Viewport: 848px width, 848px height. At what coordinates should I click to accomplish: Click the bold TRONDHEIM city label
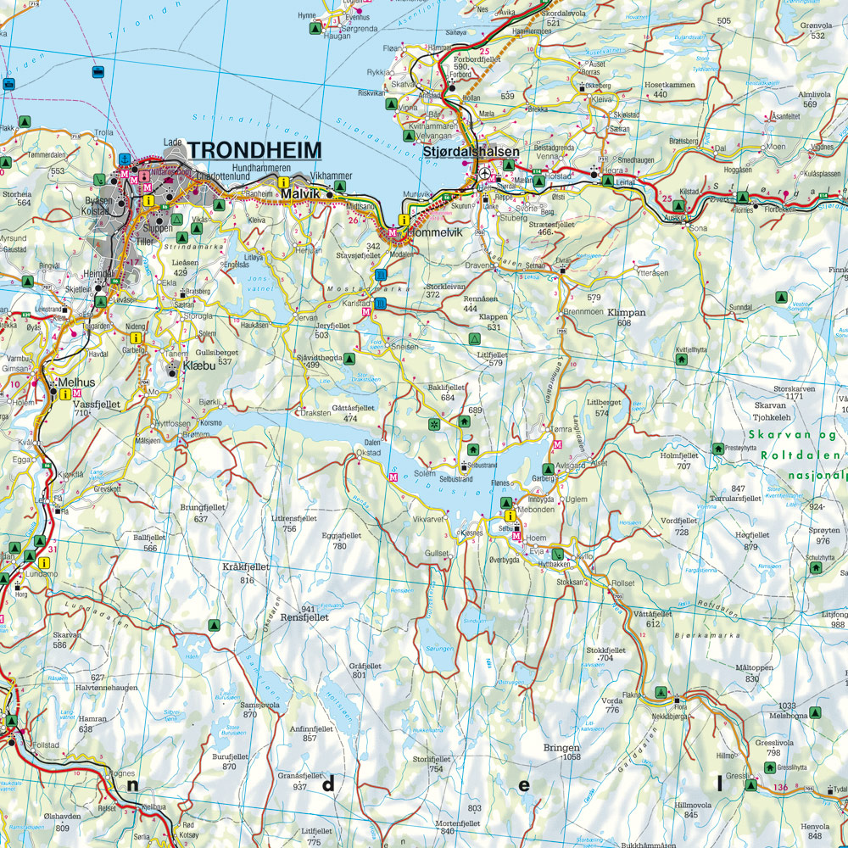point(254,150)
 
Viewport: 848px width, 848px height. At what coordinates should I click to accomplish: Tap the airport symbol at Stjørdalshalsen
point(483,173)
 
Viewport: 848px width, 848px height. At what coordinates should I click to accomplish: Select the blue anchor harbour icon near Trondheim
point(125,159)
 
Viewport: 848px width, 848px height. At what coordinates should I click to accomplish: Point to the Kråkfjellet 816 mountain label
point(245,572)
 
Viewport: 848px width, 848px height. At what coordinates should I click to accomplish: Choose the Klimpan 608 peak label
point(626,317)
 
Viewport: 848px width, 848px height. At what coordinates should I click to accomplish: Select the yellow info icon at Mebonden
point(510,516)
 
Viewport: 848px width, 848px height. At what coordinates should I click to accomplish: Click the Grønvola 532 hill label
point(817,31)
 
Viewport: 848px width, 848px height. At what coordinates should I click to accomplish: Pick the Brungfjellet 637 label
point(201,512)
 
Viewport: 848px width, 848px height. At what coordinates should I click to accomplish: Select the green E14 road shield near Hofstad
point(536,174)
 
